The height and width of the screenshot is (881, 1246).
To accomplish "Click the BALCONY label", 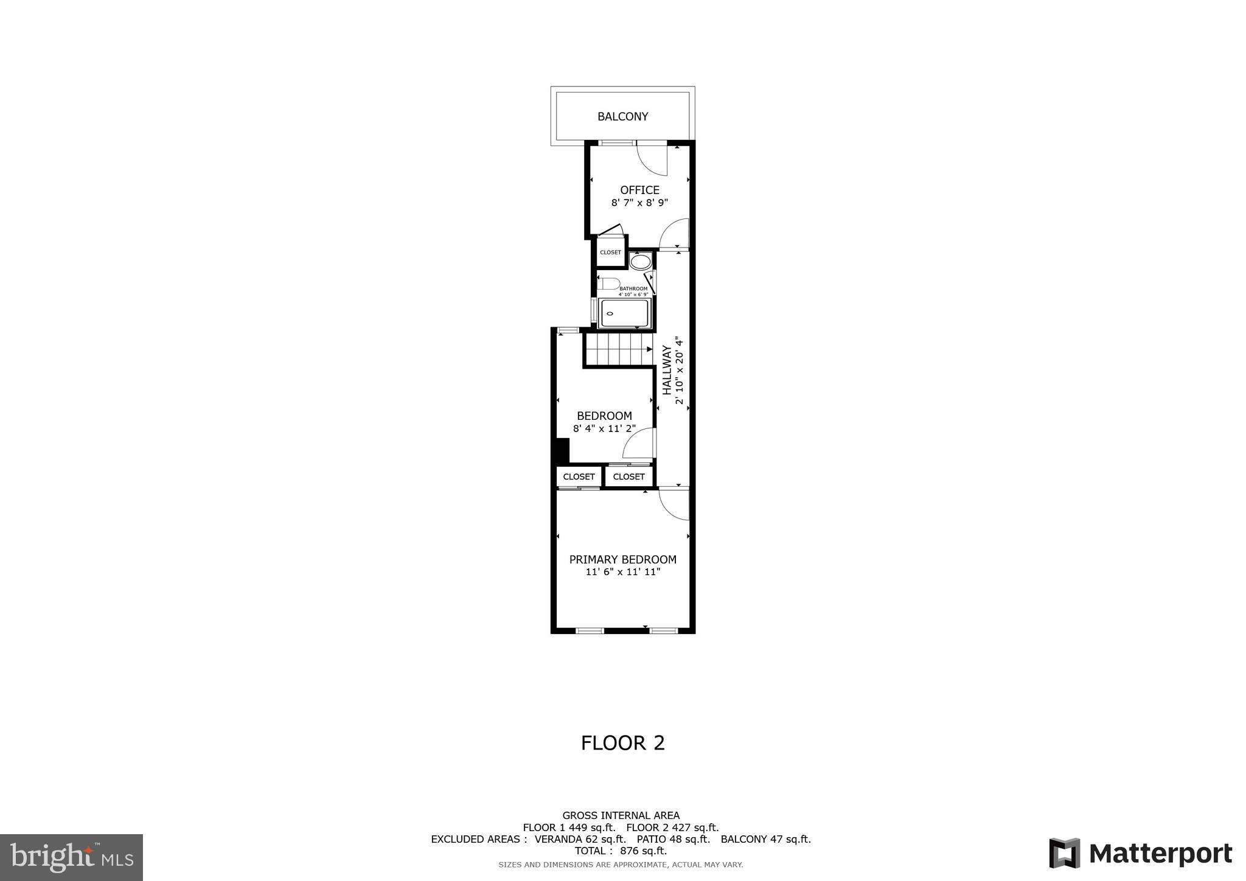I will pyautogui.click(x=622, y=117).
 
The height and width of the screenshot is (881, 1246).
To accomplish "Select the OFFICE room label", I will pyautogui.click(x=639, y=190).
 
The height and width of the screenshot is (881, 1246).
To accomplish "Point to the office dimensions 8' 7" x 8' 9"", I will pyautogui.click(x=639, y=203).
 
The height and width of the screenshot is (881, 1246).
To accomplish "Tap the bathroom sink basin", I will pyautogui.click(x=640, y=262).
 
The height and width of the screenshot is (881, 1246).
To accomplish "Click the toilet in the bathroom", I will pyautogui.click(x=610, y=284).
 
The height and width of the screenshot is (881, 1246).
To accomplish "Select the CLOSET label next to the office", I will pyautogui.click(x=610, y=252).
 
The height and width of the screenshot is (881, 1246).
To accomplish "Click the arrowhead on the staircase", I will pyautogui.click(x=649, y=350).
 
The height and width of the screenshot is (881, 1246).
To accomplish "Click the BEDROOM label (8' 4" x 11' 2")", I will pyautogui.click(x=604, y=416).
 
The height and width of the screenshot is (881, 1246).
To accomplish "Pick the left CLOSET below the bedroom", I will pyautogui.click(x=579, y=476).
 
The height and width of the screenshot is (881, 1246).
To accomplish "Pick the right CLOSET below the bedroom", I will pyautogui.click(x=628, y=476).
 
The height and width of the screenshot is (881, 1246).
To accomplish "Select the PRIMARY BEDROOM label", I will pyautogui.click(x=622, y=559).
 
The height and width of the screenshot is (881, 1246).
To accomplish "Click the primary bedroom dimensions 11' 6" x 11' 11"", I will pyautogui.click(x=622, y=572).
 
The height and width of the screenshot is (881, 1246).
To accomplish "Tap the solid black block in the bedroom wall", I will pyautogui.click(x=562, y=451).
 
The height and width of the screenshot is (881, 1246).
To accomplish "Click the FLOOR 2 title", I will pyautogui.click(x=622, y=743).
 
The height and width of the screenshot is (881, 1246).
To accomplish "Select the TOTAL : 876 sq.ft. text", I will pyautogui.click(x=621, y=851).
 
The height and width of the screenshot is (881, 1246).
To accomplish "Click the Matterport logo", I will pyautogui.click(x=1140, y=853).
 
